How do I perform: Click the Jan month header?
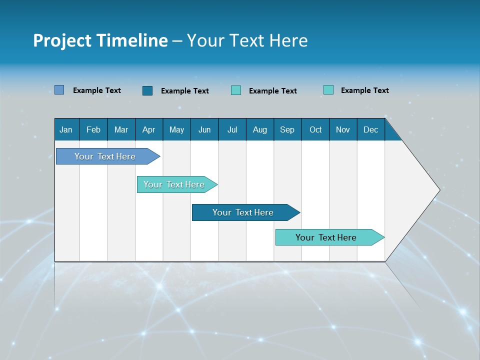click(x=66, y=129)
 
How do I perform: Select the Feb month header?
click(x=93, y=129)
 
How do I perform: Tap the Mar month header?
click(x=121, y=129)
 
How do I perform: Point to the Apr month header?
click(x=149, y=129)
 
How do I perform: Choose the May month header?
click(x=176, y=129)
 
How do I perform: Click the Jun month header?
click(x=204, y=129)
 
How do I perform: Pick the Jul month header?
click(x=232, y=129)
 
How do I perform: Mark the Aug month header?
click(x=260, y=129)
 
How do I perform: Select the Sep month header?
click(x=287, y=129)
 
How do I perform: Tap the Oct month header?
click(x=315, y=129)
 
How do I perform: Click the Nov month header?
click(x=343, y=129)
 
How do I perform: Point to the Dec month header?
click(x=371, y=129)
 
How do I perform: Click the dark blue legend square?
click(x=147, y=90)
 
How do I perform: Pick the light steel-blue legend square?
click(x=59, y=90)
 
